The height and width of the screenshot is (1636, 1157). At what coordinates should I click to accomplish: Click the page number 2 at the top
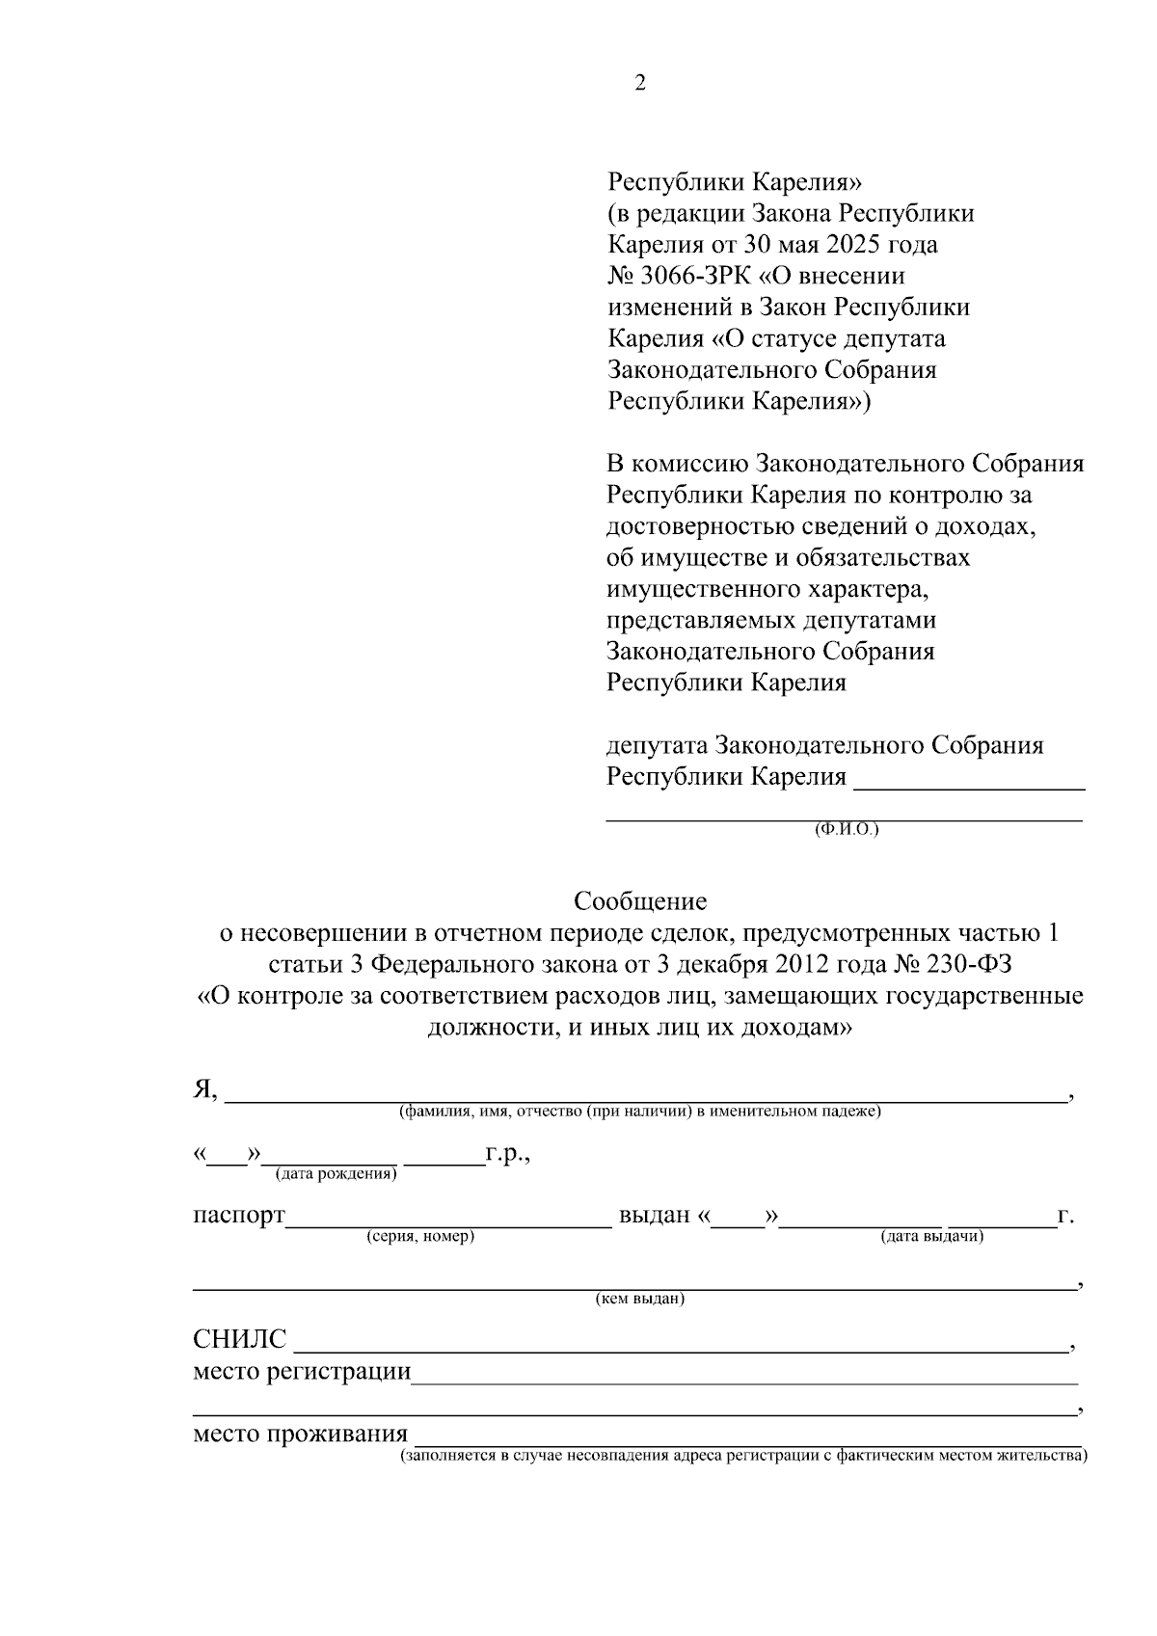[x=640, y=83]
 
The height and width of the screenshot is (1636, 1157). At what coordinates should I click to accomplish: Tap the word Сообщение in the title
[x=640, y=901]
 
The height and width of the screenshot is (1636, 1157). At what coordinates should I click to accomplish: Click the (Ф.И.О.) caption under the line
[x=847, y=829]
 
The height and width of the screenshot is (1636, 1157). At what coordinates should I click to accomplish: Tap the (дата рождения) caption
[x=336, y=1173]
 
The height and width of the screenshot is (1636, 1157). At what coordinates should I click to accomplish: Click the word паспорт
[x=239, y=1216]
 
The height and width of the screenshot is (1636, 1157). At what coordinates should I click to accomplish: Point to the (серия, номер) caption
[x=420, y=1236]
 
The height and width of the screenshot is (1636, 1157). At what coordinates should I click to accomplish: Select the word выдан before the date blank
[x=655, y=1216]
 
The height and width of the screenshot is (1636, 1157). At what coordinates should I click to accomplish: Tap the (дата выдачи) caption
[x=932, y=1236]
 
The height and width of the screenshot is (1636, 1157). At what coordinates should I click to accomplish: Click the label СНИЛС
[x=240, y=1340]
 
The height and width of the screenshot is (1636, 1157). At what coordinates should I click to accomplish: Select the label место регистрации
[x=302, y=1372]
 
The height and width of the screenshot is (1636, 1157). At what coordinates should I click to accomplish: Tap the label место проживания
[x=300, y=1435]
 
